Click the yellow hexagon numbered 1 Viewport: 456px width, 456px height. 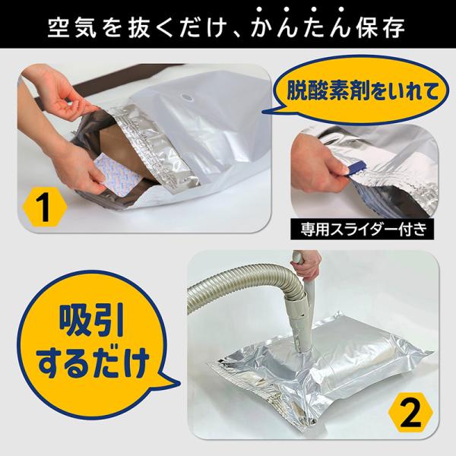(45, 207)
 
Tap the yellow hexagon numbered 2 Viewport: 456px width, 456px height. (410, 413)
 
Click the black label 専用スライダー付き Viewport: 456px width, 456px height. (362, 230)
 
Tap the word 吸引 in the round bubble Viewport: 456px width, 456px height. (92, 322)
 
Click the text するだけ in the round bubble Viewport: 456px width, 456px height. (93, 363)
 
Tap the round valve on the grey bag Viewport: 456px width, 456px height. (186, 97)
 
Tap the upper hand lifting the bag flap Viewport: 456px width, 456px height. (55, 93)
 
